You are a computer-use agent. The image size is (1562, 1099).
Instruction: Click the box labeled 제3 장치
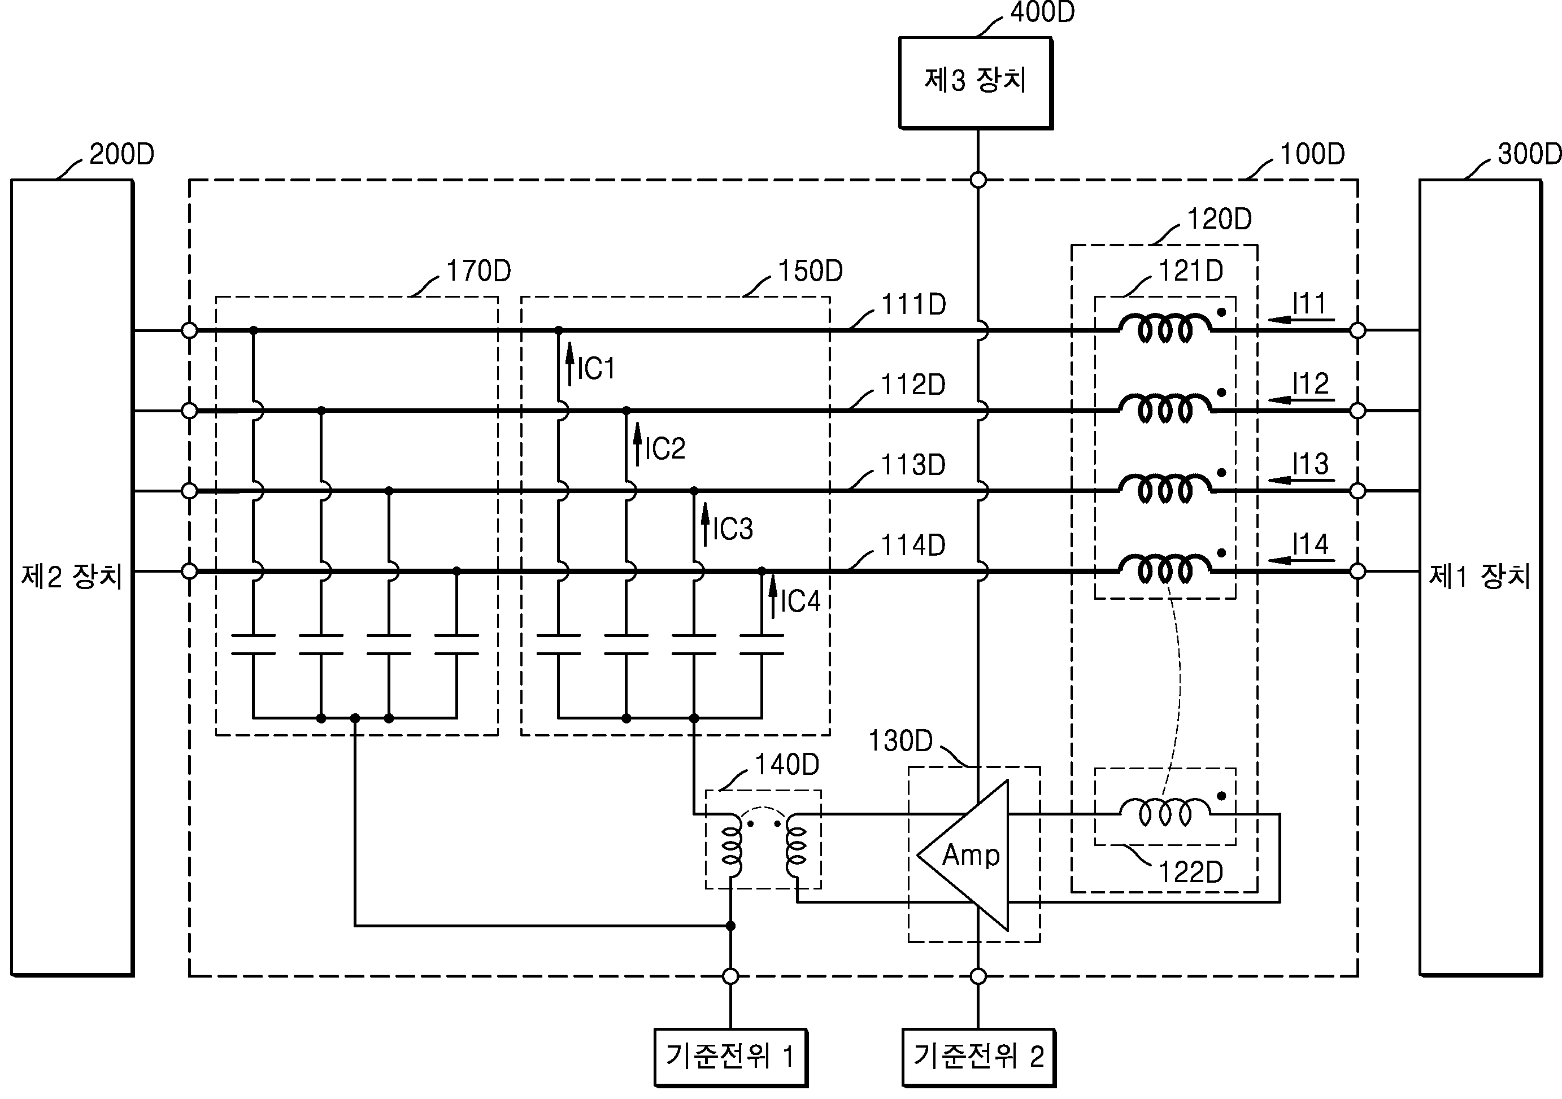[976, 83]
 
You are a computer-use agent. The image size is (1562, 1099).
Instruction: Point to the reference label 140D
[787, 765]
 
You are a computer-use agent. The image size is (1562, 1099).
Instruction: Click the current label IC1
[596, 369]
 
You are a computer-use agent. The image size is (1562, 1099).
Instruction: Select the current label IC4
[800, 601]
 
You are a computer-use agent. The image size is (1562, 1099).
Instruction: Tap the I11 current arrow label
[1309, 303]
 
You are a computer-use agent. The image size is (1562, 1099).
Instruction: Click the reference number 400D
[1042, 12]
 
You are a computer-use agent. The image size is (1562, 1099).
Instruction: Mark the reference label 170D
[479, 271]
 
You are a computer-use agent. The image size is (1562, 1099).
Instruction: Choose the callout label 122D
[1190, 872]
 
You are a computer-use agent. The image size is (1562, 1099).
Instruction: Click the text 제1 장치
[1480, 577]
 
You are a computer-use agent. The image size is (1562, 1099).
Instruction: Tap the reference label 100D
[1312, 154]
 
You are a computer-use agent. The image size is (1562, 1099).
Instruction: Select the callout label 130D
[900, 740]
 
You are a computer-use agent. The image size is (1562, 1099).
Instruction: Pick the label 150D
[810, 271]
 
